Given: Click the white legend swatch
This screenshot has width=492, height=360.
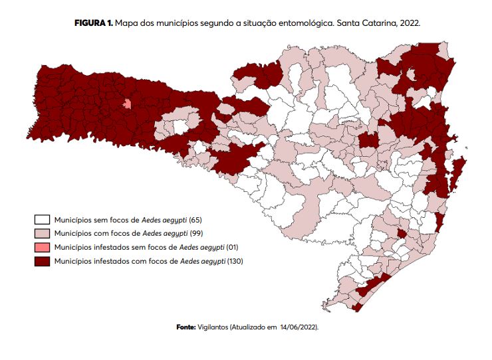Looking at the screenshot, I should [43, 219].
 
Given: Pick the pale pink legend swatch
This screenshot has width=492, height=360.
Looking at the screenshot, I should [43, 233].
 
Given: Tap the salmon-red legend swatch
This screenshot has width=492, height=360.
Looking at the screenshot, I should [43, 248].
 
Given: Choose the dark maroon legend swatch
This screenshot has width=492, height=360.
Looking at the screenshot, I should [43, 262].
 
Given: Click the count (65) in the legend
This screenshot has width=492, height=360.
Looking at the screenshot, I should [196, 219].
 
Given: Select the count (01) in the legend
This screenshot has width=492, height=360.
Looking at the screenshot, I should [232, 248].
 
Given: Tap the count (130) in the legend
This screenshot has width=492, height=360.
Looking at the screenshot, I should [235, 262].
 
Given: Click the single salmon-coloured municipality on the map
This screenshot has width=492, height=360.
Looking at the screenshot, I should [127, 104].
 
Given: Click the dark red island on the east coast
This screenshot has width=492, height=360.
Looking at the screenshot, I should [459, 169].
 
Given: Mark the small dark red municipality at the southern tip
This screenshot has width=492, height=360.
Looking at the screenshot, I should [358, 307].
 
